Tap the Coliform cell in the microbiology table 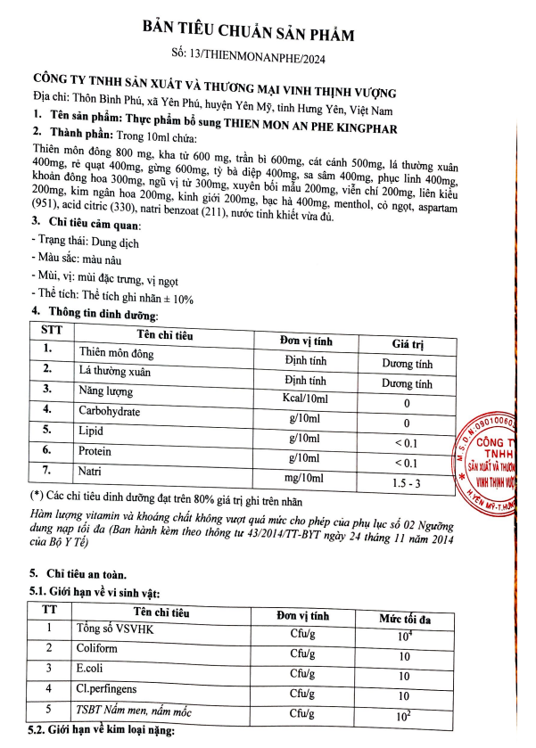click(x=92, y=648)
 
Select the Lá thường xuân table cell click(x=115, y=370)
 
